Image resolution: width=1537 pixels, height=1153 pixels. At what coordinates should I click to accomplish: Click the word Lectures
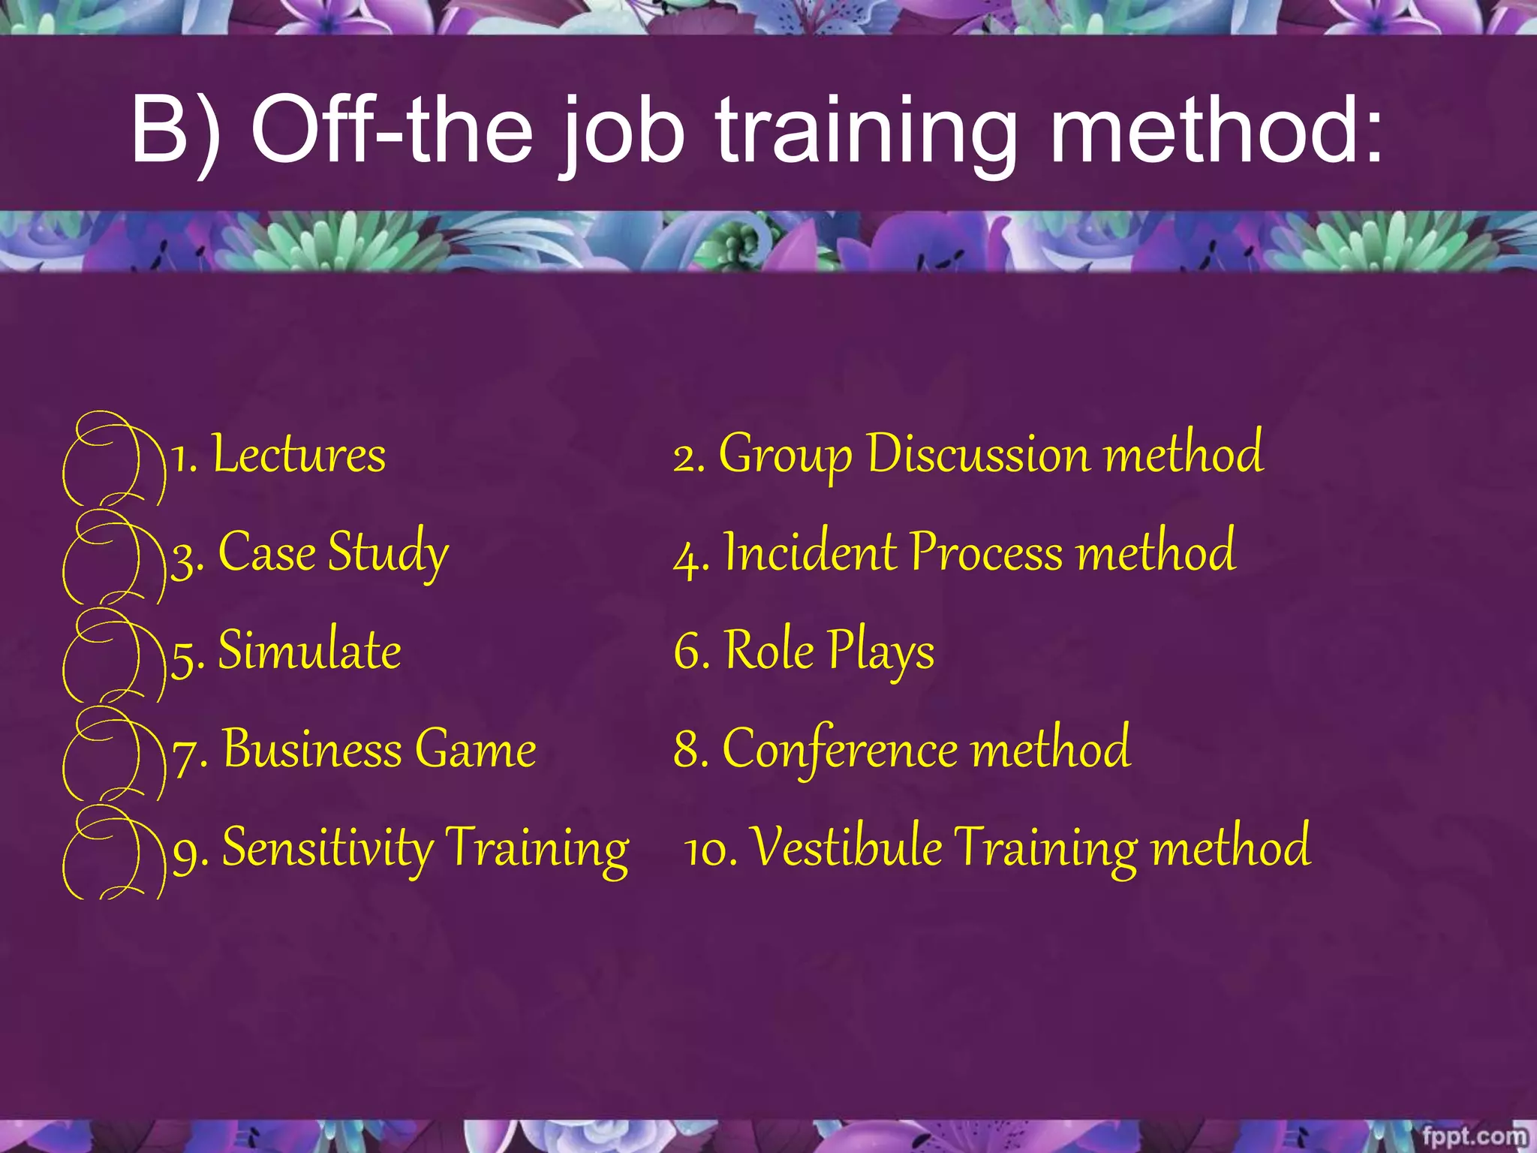click(x=299, y=455)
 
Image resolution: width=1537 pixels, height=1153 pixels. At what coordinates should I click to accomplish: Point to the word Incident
click(x=811, y=552)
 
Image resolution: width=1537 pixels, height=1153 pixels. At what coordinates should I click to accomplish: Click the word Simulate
click(x=309, y=651)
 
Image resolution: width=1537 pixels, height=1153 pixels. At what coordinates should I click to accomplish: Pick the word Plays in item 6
click(x=881, y=651)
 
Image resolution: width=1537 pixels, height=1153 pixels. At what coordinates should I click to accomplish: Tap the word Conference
click(x=839, y=749)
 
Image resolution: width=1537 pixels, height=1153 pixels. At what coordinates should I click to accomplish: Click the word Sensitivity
click(x=327, y=848)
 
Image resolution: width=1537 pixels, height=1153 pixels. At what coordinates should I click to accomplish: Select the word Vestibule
click(x=847, y=847)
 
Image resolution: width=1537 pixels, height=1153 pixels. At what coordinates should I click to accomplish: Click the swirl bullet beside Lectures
click(x=113, y=458)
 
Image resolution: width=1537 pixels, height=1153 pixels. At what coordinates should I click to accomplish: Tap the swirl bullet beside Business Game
click(x=113, y=753)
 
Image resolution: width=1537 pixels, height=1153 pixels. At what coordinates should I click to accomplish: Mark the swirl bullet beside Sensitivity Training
click(x=113, y=852)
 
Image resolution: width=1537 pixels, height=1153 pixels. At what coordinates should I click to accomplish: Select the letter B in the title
click(x=158, y=129)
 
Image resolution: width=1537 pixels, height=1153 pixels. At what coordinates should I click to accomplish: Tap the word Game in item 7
click(x=475, y=749)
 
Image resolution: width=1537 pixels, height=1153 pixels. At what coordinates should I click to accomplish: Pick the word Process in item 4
click(x=986, y=552)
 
